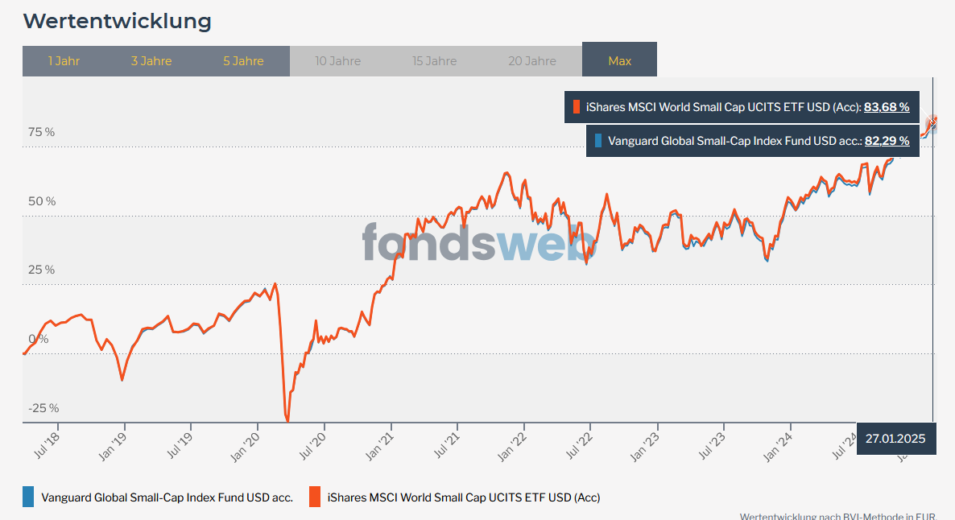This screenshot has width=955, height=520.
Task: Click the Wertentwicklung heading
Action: coord(117,22)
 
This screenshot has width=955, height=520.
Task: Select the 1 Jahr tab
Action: coord(64,61)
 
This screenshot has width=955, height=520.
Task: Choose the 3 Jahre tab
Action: coord(151,61)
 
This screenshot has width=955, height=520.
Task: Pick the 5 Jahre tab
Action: coord(243,61)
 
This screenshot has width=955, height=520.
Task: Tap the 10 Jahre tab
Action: coord(338,61)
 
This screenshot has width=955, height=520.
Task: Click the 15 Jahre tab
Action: coord(435,61)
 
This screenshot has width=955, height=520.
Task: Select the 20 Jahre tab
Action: coord(532,61)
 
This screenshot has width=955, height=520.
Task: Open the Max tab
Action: coord(619,61)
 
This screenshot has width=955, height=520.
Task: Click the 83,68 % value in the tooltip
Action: coord(887,107)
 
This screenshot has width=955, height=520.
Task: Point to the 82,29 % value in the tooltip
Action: coord(887,141)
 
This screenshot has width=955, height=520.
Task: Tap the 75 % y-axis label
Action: coord(42,132)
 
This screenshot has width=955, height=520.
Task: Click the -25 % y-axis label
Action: coord(43,408)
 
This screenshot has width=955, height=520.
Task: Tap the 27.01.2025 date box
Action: coord(895,439)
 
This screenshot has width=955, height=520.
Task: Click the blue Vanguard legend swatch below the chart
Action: coord(29,497)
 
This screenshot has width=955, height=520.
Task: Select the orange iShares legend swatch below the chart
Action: coord(316,497)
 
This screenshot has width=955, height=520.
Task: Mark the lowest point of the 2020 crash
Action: coord(287,420)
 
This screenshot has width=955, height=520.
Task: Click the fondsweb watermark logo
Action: coord(478,241)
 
